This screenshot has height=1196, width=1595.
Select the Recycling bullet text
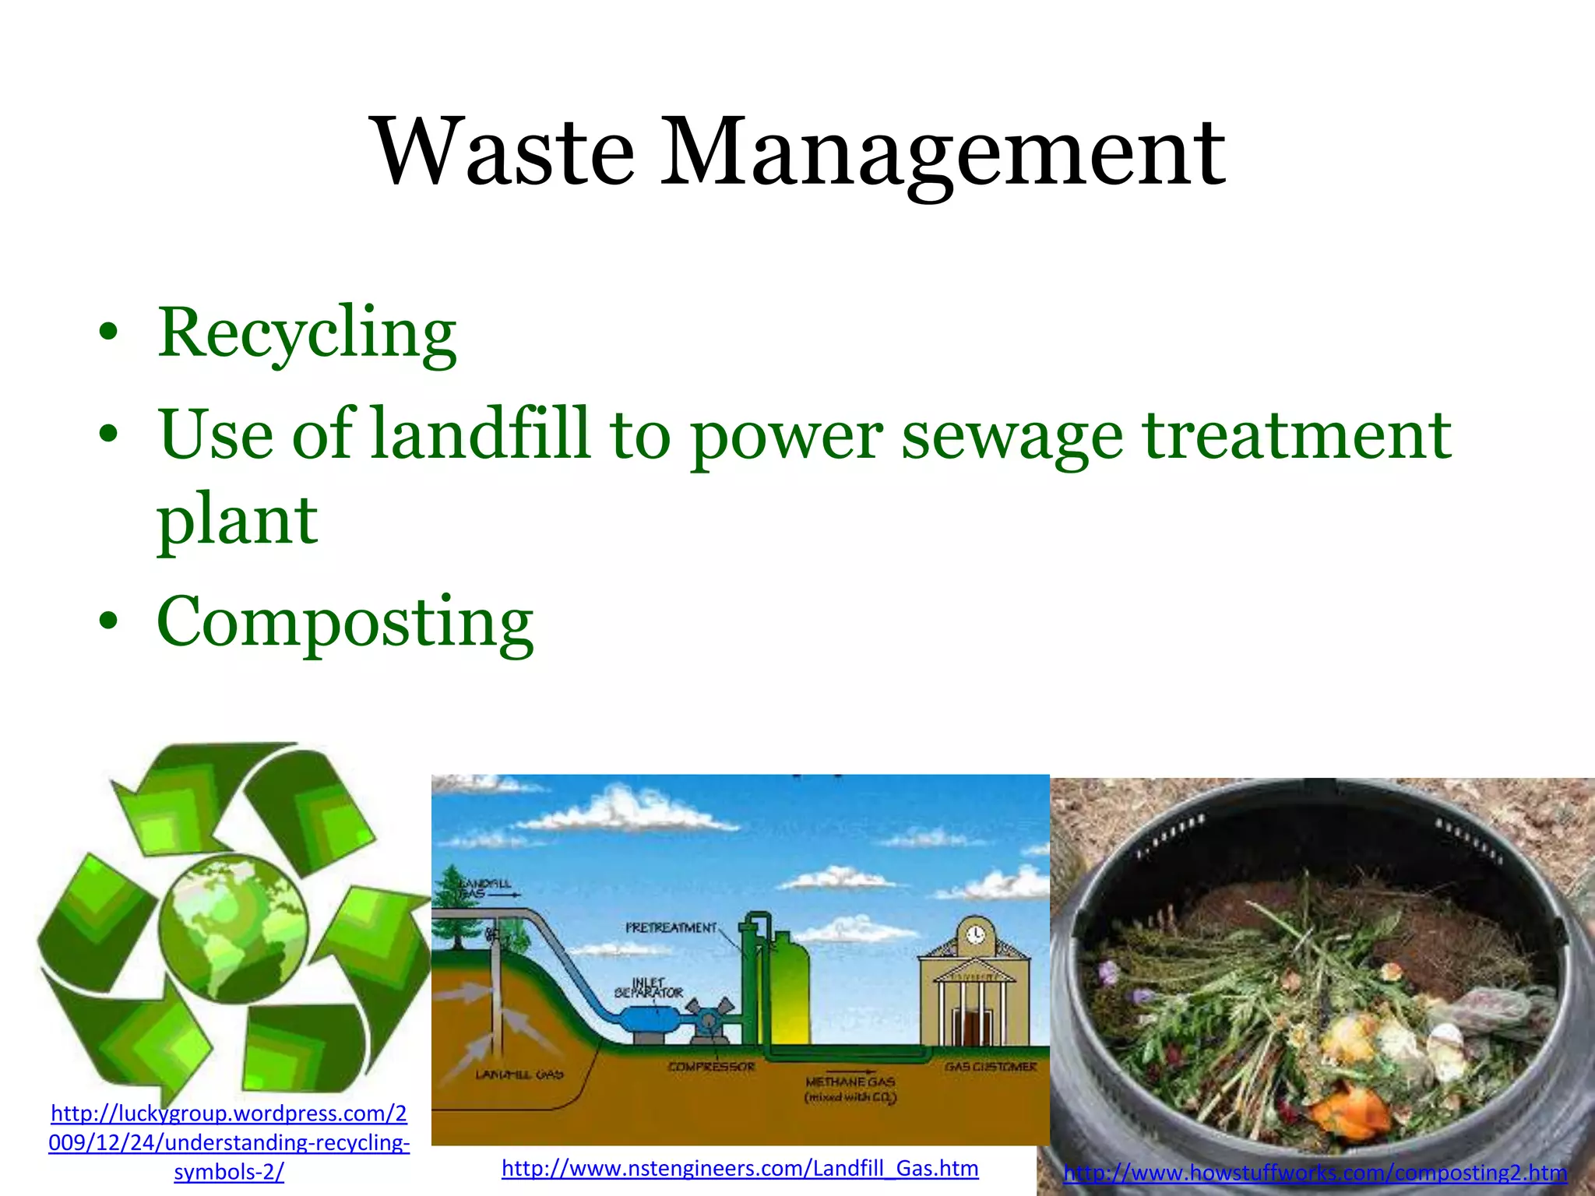pyautogui.click(x=306, y=333)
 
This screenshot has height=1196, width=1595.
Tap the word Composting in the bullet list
pyautogui.click(x=344, y=623)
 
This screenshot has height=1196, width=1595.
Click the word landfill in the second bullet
pyautogui.click(x=480, y=434)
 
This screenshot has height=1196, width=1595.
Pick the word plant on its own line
pyautogui.click(x=237, y=520)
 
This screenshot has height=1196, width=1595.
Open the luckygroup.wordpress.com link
pyautogui.click(x=229, y=1142)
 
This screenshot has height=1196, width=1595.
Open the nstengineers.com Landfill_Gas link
pyautogui.click(x=740, y=1168)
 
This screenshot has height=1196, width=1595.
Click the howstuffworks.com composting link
pyautogui.click(x=1315, y=1172)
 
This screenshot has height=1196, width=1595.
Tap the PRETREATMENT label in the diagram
pyautogui.click(x=671, y=927)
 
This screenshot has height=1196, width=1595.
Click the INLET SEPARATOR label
pyautogui.click(x=649, y=988)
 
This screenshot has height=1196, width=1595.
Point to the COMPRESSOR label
pyautogui.click(x=711, y=1067)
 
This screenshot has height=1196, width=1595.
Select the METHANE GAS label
pyautogui.click(x=850, y=1082)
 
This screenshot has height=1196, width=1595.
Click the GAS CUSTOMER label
pyautogui.click(x=991, y=1067)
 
